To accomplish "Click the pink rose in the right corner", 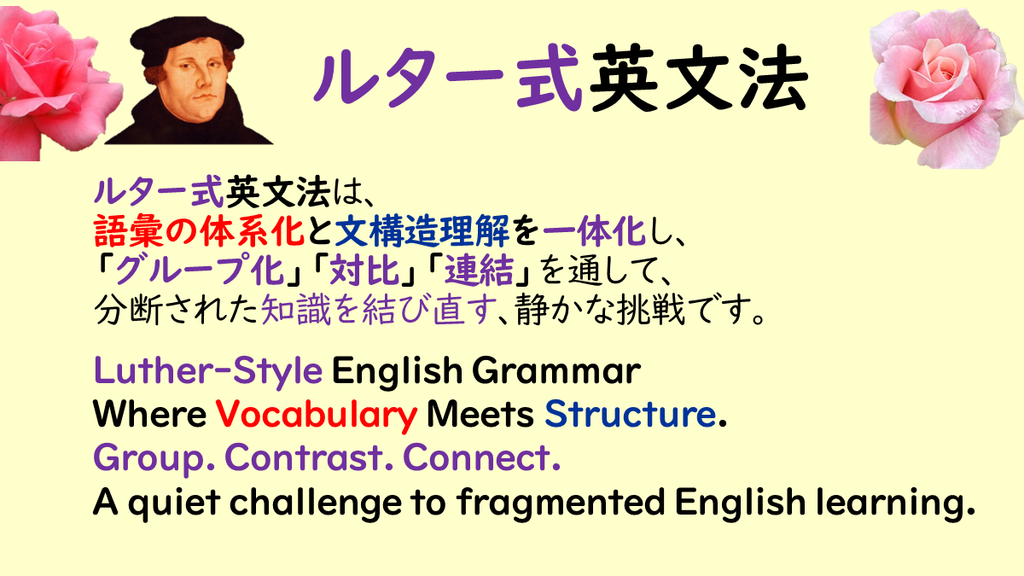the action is [946, 88].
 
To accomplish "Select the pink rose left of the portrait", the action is [53, 82].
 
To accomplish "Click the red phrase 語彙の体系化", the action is [200, 231].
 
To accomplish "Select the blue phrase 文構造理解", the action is [422, 231].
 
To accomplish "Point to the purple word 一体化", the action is [594, 231].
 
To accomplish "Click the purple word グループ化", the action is [200, 270].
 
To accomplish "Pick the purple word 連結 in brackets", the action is [480, 270].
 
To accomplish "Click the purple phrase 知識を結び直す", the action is [379, 310].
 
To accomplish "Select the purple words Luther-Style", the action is [208, 370].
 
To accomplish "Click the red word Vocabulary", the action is [317, 415].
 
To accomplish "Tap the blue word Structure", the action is [631, 414].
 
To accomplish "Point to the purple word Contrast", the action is [304, 457].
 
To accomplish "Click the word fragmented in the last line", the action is [561, 503].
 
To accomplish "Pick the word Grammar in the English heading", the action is [556, 370].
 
